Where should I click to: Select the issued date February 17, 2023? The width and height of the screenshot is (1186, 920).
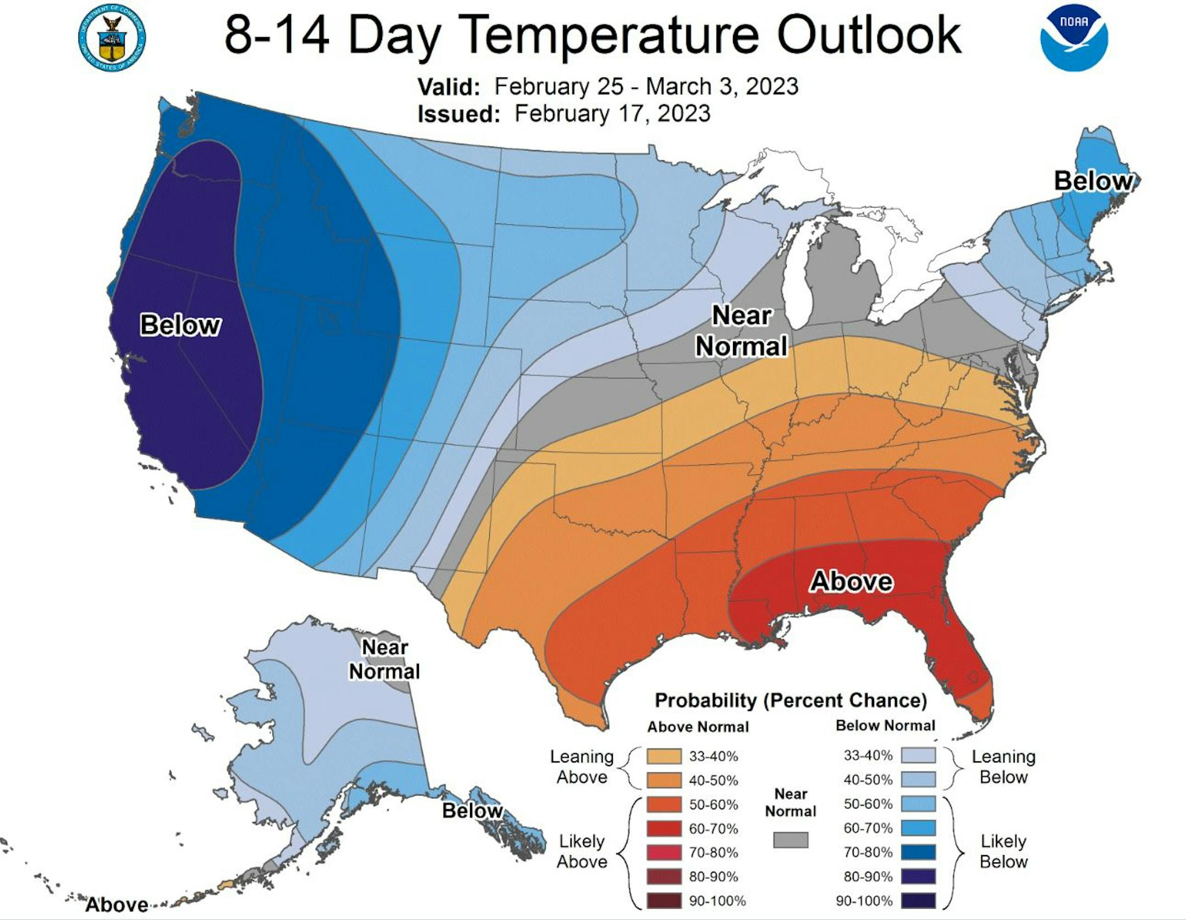coord(612,114)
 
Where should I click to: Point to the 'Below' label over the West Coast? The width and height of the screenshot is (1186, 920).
coord(180,325)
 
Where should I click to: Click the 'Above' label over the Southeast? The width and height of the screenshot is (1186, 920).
coord(851,581)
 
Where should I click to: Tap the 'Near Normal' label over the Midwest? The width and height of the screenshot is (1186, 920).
coord(741,331)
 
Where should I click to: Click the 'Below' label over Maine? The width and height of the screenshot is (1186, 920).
coord(1093,181)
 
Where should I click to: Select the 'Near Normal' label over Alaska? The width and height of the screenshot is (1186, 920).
coord(384,659)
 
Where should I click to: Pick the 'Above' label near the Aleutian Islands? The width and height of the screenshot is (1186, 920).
coord(117,905)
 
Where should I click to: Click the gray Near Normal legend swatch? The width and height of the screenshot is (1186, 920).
coord(791,840)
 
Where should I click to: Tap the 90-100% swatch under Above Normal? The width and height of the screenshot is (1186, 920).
coord(664,901)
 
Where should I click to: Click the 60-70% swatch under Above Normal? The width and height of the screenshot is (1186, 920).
coord(664,828)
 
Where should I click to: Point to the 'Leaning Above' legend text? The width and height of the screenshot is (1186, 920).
coord(582,767)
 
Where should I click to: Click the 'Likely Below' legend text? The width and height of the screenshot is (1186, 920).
coord(1003,851)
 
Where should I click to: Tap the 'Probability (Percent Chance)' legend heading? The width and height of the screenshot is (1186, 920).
coord(791,701)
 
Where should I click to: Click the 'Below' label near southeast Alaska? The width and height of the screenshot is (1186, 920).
coord(472,811)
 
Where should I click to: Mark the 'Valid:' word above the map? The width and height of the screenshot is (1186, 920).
coord(449,87)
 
